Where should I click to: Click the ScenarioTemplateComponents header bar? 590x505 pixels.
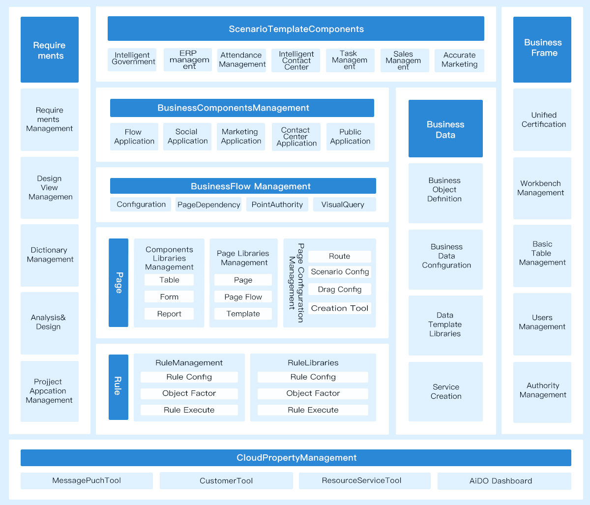point(295,29)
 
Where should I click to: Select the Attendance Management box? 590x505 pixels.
point(241,60)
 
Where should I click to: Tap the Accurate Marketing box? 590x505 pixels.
point(459,60)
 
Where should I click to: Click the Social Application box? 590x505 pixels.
point(187,137)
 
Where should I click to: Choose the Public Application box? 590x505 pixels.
point(350,137)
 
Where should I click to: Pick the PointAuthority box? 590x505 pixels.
point(277,205)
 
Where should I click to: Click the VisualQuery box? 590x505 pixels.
point(344,205)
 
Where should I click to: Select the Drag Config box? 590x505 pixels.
point(340,289)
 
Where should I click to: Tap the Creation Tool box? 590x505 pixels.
point(340,308)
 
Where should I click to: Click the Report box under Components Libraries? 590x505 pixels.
point(169,314)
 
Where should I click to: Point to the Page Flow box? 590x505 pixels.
point(243,297)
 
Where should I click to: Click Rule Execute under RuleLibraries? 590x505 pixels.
point(313,410)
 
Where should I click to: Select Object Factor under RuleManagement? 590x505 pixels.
point(189,393)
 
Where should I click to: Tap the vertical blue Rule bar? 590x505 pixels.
point(118,387)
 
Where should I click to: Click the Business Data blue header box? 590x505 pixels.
point(445,128)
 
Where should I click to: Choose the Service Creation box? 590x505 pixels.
point(445,392)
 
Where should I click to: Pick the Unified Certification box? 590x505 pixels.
point(542,119)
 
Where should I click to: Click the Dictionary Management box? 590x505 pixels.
point(50,255)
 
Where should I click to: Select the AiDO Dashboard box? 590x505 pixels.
point(504,481)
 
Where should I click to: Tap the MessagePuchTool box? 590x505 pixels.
point(87,480)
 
